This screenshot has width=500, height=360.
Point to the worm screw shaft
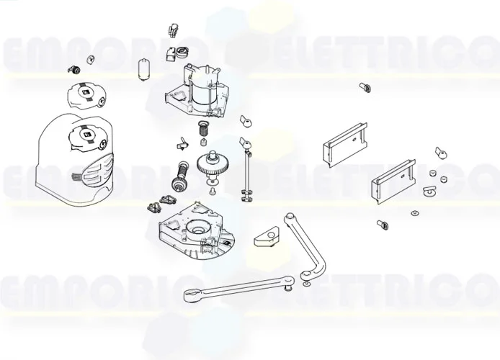point(179,175)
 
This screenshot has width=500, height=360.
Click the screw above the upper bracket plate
point(363,87)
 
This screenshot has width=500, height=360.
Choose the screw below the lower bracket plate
point(382,225)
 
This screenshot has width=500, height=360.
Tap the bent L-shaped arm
point(310,245)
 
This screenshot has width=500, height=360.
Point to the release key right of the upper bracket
point(440,152)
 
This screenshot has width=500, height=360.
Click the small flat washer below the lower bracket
point(414,212)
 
